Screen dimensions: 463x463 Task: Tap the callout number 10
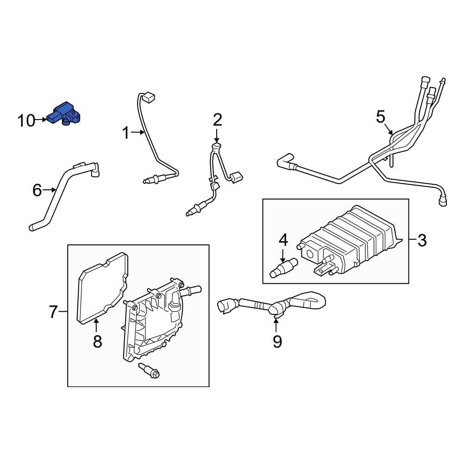point(26,121)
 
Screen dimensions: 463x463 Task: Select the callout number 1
point(125,133)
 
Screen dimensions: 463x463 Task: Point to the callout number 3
point(422,240)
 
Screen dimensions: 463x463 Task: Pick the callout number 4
point(283,240)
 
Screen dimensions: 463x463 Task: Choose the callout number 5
point(380,117)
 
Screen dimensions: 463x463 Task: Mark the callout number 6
point(37,190)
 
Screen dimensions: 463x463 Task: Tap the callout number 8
point(97,342)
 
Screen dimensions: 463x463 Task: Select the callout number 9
point(277,342)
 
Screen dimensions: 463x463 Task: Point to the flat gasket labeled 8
point(103,287)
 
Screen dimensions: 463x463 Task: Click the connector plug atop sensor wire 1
point(149,98)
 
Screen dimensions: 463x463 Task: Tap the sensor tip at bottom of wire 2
point(190,213)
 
